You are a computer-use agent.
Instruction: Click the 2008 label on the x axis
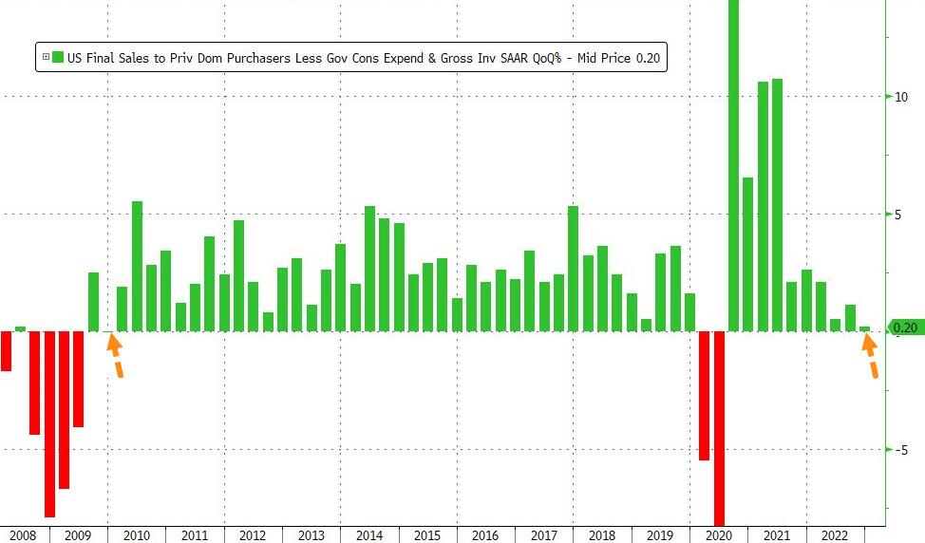coord(22,535)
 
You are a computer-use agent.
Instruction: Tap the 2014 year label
coord(369,535)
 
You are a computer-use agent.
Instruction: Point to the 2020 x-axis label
coord(719,535)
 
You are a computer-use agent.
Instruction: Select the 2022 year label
coord(835,535)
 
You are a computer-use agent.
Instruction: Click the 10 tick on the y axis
coord(902,97)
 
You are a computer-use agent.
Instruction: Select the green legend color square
coord(58,58)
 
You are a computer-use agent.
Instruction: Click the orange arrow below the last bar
coord(871,356)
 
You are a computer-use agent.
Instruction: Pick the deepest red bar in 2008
coord(49,423)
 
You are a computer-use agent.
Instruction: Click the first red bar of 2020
coord(704,395)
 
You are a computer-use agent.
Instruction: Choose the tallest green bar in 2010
coord(137,266)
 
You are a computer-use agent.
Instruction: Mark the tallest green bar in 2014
coord(369,269)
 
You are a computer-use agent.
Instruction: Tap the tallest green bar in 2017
coord(573,269)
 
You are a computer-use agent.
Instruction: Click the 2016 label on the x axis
coord(485,535)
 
